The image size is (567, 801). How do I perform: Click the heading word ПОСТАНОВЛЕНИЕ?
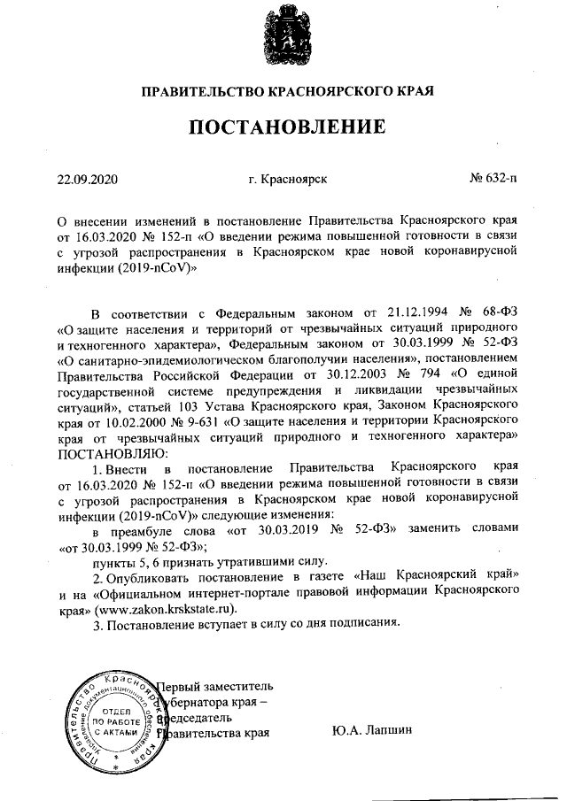coord(283,127)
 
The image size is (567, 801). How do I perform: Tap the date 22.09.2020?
coord(87,179)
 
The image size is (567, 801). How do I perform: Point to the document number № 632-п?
coord(494,179)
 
